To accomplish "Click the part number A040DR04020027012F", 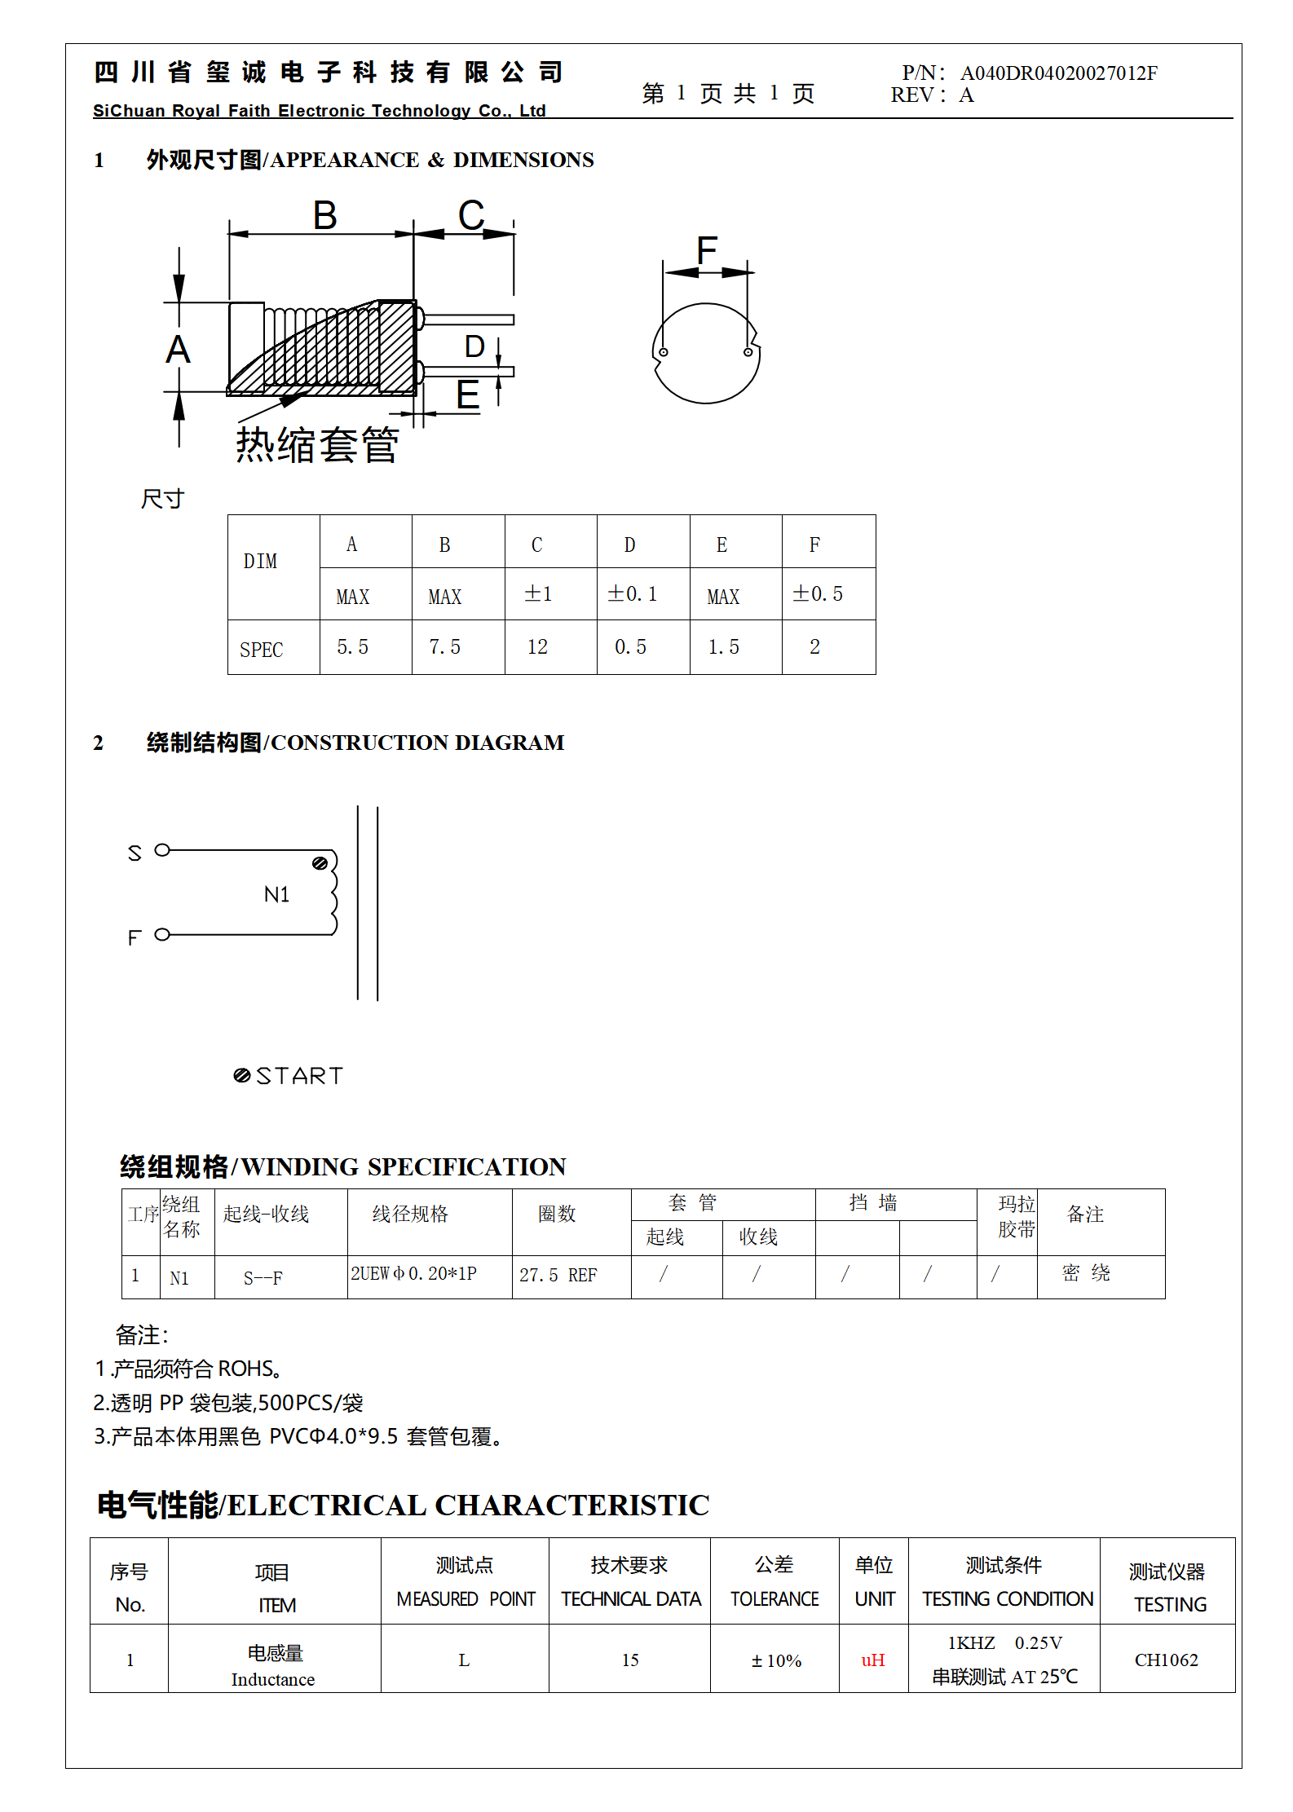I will click(x=1058, y=73).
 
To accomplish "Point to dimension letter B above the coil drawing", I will click(x=324, y=217).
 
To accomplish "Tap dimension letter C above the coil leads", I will click(x=471, y=217).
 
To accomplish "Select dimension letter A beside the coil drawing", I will click(x=178, y=350).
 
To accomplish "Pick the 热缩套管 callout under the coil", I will click(x=317, y=445).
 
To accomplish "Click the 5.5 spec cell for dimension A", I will click(x=352, y=647).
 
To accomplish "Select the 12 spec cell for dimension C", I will click(x=537, y=647).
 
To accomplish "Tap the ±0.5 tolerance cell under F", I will click(x=818, y=594).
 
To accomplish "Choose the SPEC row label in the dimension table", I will click(x=261, y=650).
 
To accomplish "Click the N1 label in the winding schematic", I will click(x=276, y=895).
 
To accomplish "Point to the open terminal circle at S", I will click(x=162, y=850).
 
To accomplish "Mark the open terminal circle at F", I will click(x=162, y=935).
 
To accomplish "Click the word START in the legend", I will click(x=299, y=1076).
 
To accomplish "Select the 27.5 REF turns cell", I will click(x=558, y=1275).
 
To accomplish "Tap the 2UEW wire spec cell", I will click(x=413, y=1273).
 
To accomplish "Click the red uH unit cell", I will click(x=872, y=1660).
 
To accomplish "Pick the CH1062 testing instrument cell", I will click(x=1166, y=1660).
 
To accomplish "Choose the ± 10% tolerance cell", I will click(x=775, y=1661).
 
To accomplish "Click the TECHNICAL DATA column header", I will click(x=630, y=1599).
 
